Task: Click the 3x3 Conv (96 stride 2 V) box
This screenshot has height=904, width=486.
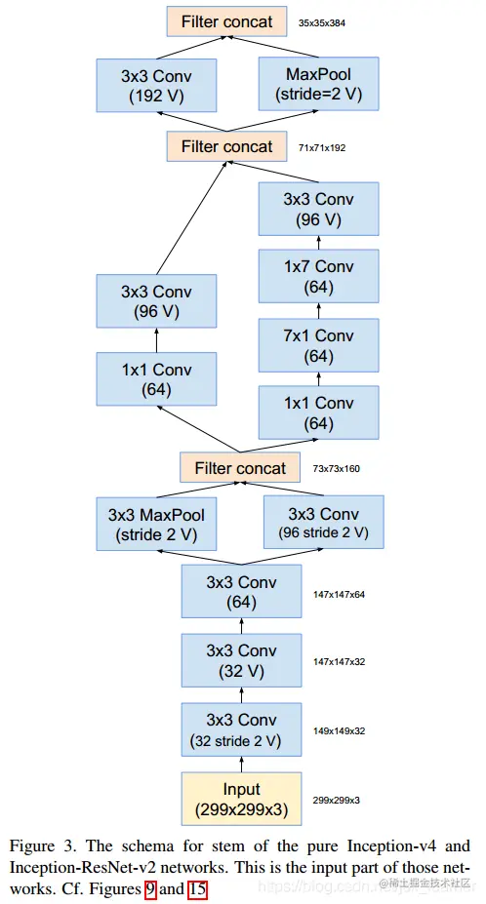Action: coord(324,523)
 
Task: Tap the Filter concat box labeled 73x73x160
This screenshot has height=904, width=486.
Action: coord(240,468)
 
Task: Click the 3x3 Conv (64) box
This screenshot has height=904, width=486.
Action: coord(240,592)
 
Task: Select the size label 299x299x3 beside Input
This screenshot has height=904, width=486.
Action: coord(336,800)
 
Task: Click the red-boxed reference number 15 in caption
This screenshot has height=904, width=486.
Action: coord(197,888)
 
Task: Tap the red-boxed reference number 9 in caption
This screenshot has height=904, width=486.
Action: coord(149,888)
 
